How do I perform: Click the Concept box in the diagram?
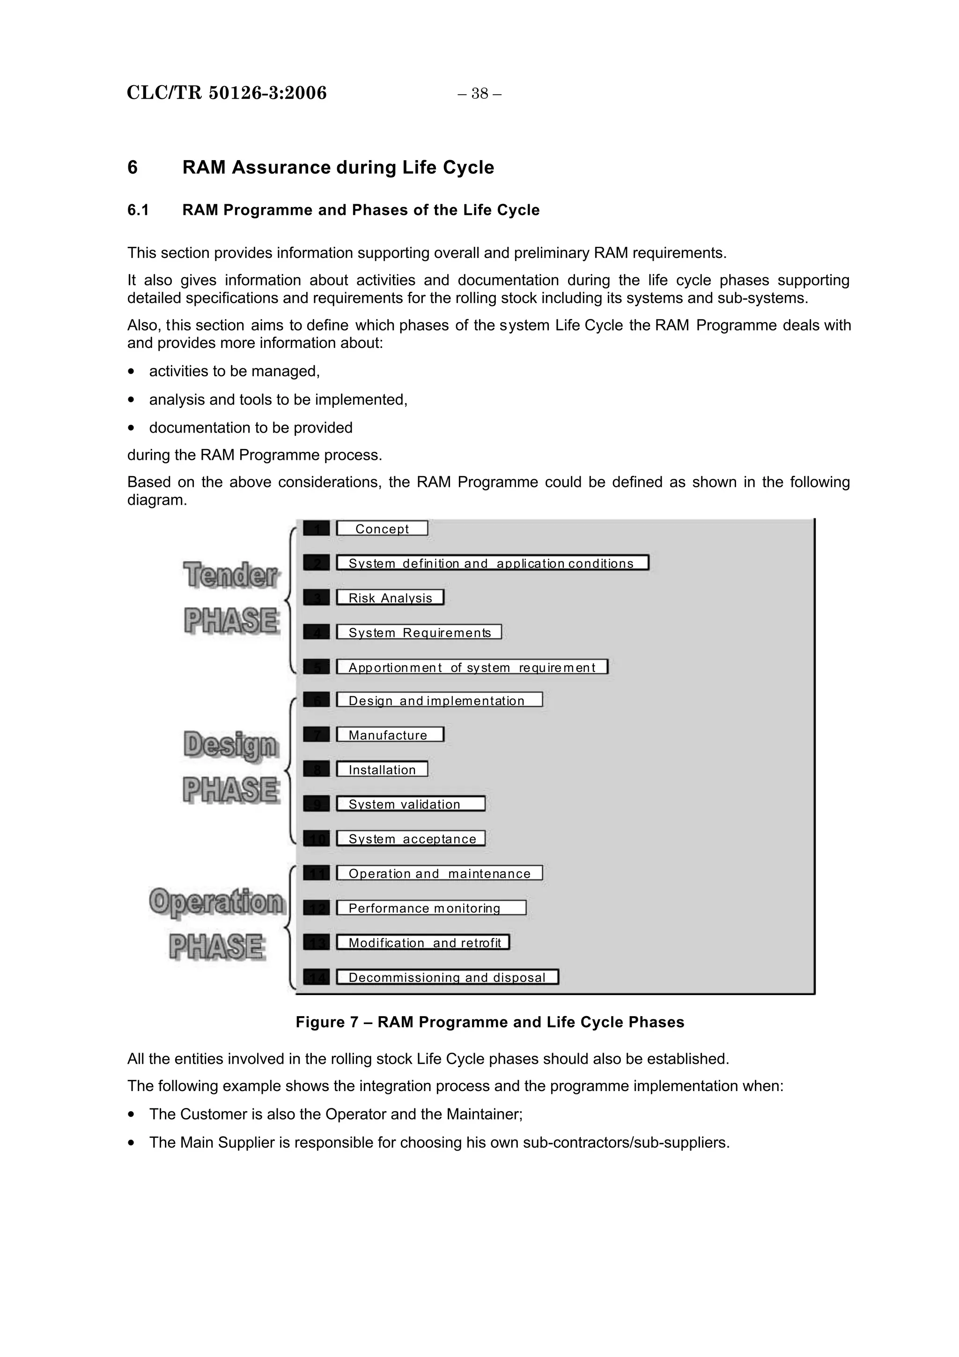(382, 528)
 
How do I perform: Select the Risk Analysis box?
(390, 597)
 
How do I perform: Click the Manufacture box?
(390, 735)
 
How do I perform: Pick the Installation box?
(382, 769)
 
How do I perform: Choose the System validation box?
(411, 804)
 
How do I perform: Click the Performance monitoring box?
(431, 908)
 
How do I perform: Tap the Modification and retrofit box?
(422, 942)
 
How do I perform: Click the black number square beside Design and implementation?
(316, 700)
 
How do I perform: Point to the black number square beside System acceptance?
(316, 839)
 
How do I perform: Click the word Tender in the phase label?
(230, 575)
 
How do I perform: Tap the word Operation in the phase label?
(217, 902)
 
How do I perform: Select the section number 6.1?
(138, 210)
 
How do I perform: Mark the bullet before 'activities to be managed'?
(132, 372)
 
